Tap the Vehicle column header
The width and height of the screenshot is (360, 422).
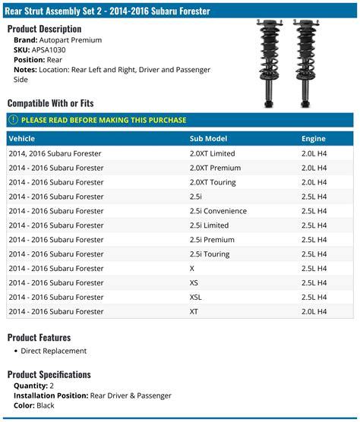point(21,139)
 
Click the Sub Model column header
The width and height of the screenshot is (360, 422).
point(208,139)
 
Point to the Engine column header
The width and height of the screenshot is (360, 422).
point(313,139)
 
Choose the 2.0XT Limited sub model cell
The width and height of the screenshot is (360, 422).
point(212,153)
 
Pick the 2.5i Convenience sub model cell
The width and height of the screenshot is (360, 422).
point(219,211)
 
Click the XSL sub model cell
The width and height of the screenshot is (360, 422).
point(196,298)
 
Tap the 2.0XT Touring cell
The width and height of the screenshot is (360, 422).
point(213,182)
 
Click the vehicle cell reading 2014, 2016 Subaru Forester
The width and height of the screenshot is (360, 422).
point(55,153)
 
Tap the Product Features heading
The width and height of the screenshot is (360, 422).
point(39,337)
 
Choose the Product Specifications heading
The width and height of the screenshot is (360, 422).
point(49,374)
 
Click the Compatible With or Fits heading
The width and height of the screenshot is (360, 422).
point(52,103)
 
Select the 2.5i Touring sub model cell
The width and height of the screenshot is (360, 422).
point(210,254)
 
